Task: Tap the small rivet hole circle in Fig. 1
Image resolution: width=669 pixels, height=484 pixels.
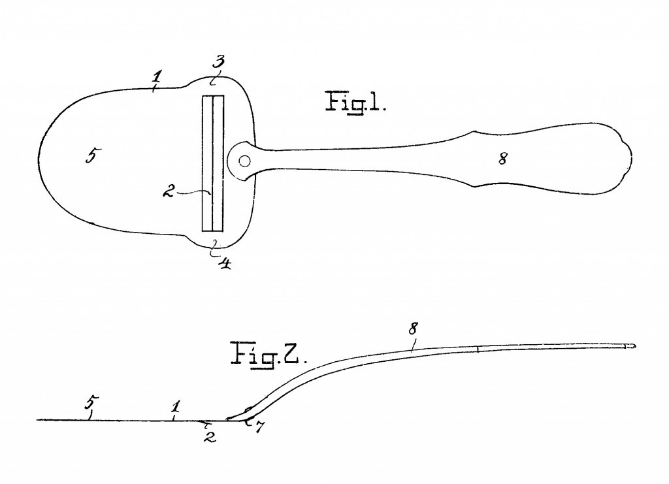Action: tap(244, 160)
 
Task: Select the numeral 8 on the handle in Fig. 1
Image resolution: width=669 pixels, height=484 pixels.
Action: tap(502, 157)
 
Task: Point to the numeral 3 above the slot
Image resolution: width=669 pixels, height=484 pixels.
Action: tap(218, 63)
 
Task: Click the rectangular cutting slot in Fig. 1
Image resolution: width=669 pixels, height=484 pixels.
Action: tap(213, 163)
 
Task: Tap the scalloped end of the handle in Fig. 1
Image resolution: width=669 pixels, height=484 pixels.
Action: tap(627, 160)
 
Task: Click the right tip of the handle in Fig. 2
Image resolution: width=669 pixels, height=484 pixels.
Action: tap(633, 345)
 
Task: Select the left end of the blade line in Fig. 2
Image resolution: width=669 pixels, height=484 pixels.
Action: tap(38, 419)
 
